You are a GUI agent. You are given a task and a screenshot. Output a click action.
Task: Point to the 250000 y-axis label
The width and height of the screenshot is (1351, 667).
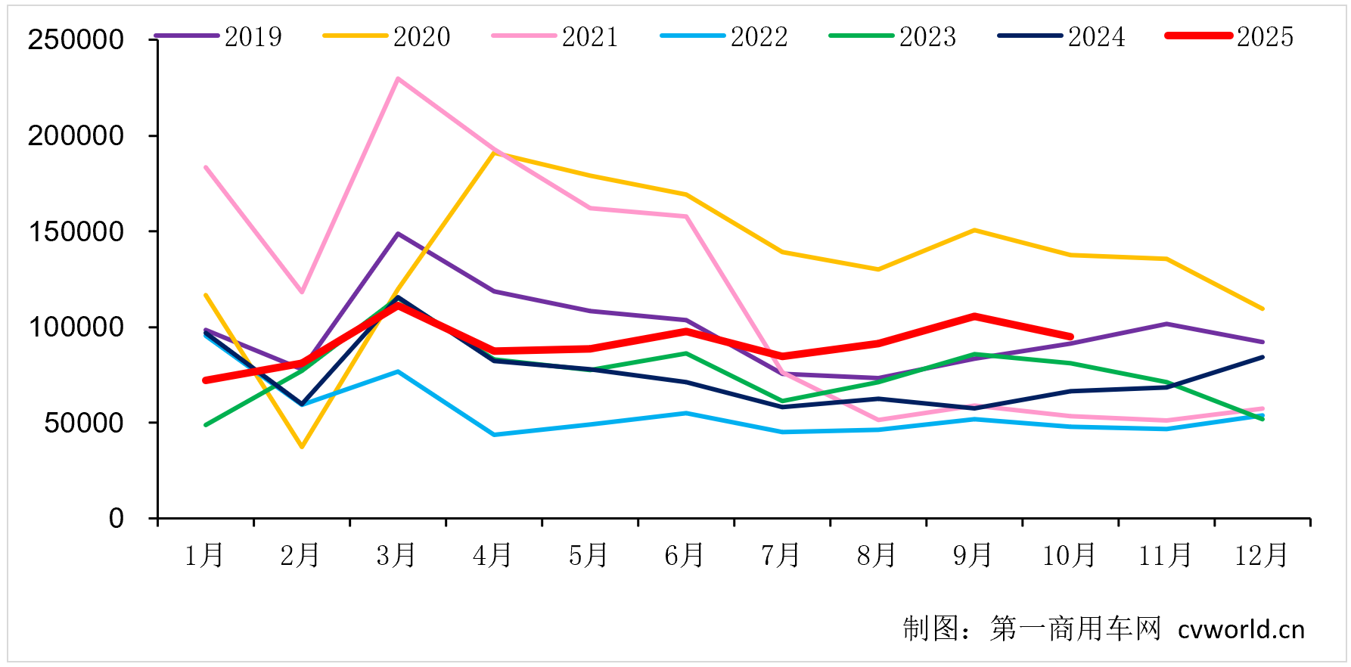coord(76,40)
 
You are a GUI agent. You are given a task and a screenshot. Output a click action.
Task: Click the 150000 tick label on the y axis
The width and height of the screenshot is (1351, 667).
coord(76,231)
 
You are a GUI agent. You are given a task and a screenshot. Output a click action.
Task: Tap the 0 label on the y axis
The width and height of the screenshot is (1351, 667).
coord(116,519)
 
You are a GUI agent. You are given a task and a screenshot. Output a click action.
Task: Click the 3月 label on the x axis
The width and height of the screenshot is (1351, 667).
coord(396,556)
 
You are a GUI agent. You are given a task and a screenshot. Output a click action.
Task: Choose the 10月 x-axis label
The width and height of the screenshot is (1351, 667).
coord(1069,556)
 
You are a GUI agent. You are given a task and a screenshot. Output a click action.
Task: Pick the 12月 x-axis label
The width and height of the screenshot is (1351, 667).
coord(1261,556)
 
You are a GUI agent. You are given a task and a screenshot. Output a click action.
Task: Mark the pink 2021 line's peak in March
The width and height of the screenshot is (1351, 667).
coord(398,79)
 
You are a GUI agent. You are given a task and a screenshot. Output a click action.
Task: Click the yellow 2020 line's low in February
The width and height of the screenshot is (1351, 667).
coord(302,447)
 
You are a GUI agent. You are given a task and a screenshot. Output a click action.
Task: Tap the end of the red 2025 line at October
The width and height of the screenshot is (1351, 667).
coord(1070,337)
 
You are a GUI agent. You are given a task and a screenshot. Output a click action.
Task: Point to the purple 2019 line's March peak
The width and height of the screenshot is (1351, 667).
coord(398,234)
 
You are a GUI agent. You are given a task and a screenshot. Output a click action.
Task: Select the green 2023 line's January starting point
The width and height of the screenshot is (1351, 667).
coord(206,425)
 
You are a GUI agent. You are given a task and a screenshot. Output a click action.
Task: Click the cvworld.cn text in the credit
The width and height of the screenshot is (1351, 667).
coord(1241,629)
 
